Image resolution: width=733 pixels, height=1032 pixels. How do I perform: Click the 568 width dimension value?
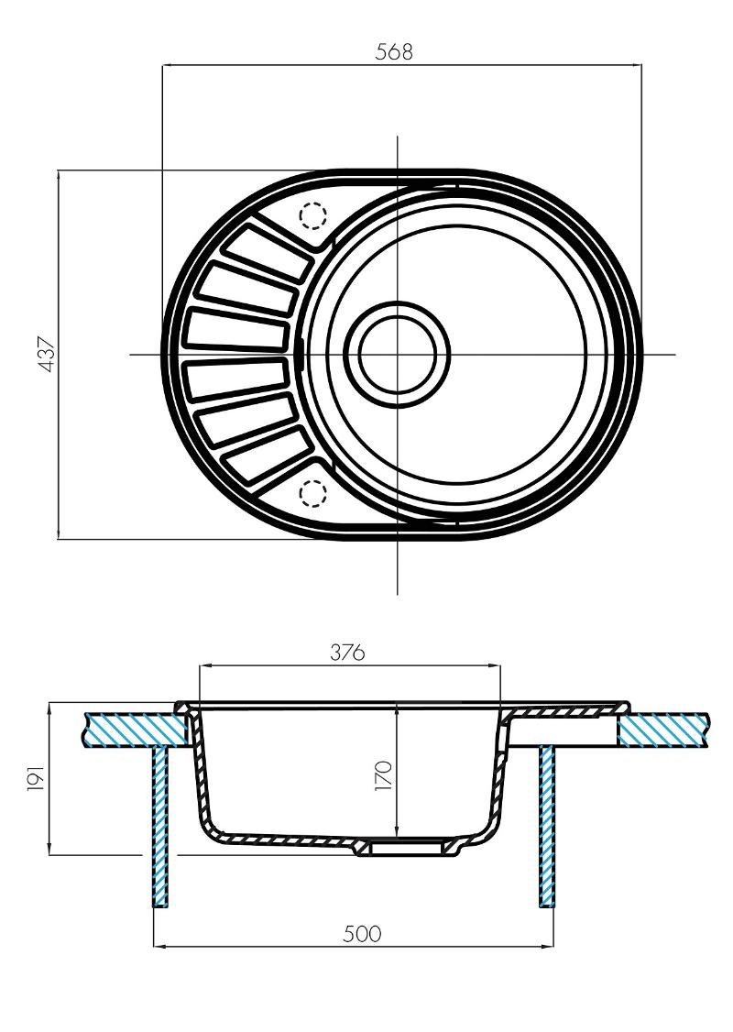[395, 52]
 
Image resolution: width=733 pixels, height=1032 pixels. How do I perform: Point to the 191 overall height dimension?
[35, 779]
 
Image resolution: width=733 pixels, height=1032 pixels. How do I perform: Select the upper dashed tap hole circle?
[313, 215]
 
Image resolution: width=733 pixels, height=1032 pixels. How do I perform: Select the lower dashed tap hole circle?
[313, 493]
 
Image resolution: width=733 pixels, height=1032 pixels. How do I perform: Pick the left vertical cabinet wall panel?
[160, 825]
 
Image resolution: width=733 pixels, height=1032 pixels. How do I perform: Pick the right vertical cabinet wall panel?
[548, 825]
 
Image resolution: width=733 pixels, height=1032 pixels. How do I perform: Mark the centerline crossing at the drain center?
[398, 354]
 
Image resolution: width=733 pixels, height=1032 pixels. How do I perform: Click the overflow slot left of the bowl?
[301, 352]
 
